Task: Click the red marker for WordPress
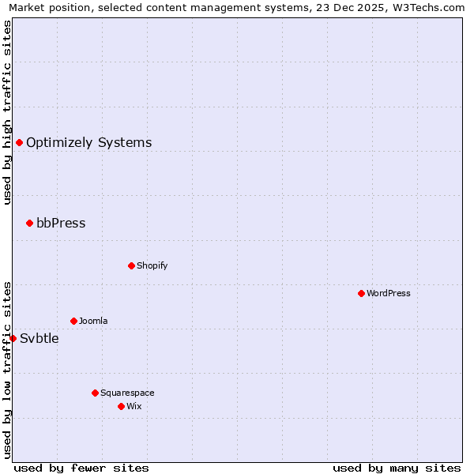coord(361,293)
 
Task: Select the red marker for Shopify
coord(131,265)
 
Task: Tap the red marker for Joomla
coord(73,321)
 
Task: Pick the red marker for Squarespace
coord(95,393)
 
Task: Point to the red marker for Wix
coord(121,406)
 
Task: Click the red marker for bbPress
coord(29,223)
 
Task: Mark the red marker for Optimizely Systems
coord(19,142)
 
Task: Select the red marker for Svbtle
coord(13,338)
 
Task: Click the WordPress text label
coord(389,293)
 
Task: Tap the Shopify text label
coord(152,265)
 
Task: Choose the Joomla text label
coord(93,321)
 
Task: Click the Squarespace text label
coord(127,393)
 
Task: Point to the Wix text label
coord(134,406)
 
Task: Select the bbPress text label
coord(61,223)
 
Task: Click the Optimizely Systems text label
coord(89,142)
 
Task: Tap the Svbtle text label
coord(39,338)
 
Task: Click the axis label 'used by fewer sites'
coord(81,468)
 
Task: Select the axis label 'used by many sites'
coord(397,468)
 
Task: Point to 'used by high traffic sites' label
coord(7,112)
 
